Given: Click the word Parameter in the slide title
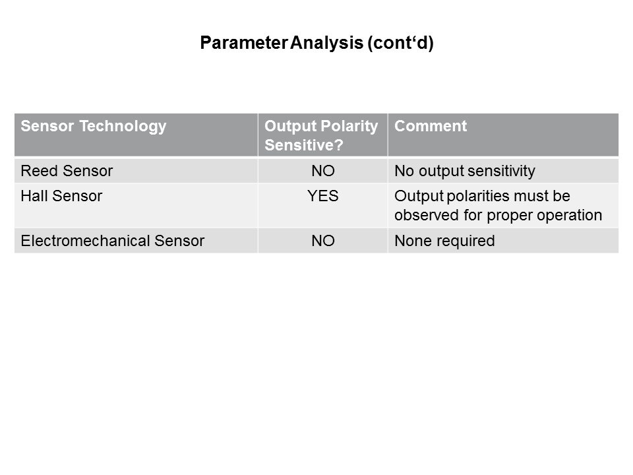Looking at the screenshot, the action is tap(244, 42).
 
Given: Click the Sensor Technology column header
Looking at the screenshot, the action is tap(93, 127).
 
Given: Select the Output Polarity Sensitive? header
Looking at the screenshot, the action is tap(321, 135).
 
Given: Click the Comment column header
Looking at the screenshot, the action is tap(431, 125).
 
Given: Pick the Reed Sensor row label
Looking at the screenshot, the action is tap(67, 171).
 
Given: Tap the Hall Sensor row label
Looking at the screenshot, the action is tap(61, 196).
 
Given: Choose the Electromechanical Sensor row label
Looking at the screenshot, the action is tap(113, 241).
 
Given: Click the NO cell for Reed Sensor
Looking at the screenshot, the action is tap(323, 171).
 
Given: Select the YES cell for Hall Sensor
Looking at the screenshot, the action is tap(323, 196).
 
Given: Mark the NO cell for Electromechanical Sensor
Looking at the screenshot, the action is tap(323, 241).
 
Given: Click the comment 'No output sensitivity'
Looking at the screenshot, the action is tap(465, 172).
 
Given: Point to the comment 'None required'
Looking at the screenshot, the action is tap(444, 241).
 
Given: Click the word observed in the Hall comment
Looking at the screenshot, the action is tap(427, 215).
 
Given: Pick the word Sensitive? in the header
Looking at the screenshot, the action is tap(303, 145).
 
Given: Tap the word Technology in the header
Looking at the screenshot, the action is tap(123, 127).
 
